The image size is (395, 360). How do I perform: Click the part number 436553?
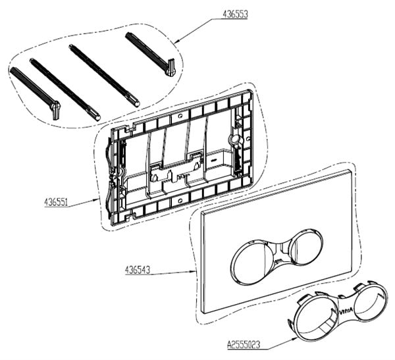coord(235,14)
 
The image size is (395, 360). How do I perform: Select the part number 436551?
coord(56,202)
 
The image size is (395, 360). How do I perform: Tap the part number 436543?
coord(138,270)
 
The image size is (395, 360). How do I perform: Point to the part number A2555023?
coord(244,344)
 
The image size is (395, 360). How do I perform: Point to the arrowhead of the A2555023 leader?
coord(295,339)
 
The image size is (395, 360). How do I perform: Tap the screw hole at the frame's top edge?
coord(180,116)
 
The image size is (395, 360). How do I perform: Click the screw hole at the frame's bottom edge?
coord(180,200)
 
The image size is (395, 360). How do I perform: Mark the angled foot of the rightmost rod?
coord(170,67)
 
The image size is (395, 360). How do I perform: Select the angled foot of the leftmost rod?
coord(55,110)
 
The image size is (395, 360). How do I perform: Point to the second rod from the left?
coord(65,90)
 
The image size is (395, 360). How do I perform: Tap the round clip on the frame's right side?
coord(235,140)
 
